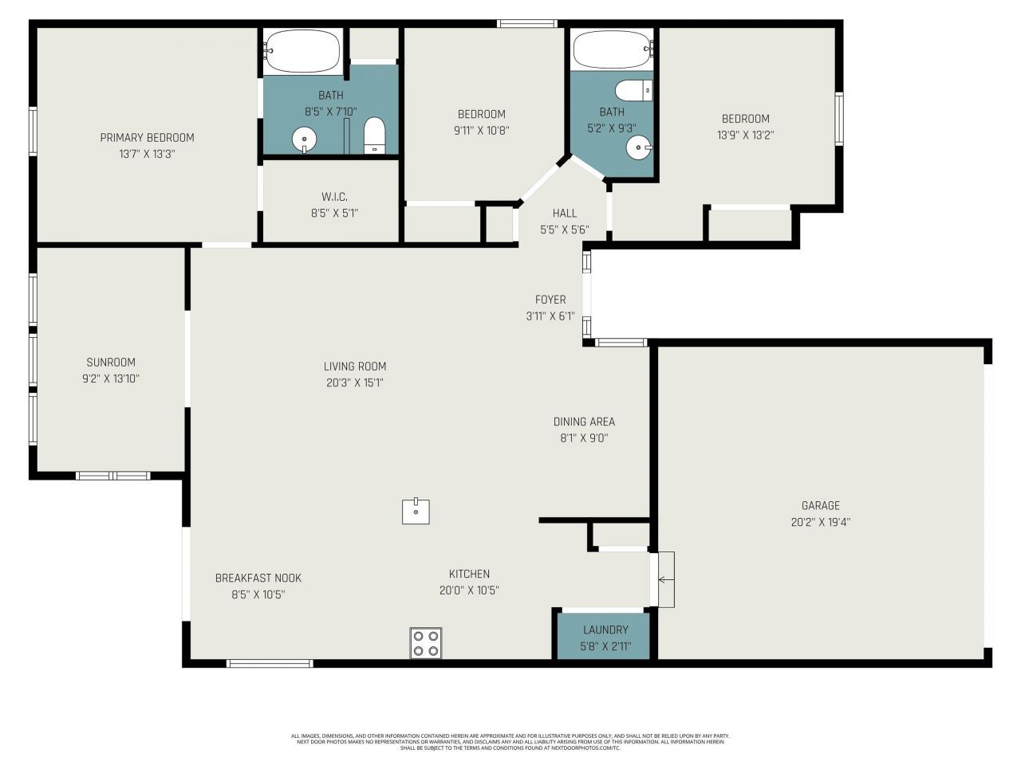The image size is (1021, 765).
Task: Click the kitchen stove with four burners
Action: click(426, 643)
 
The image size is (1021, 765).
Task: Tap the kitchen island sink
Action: click(416, 511)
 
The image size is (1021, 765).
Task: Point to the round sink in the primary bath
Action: click(304, 139)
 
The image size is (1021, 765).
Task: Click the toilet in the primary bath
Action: click(375, 135)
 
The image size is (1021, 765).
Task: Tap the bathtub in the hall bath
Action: click(612, 50)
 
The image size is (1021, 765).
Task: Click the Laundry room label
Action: click(605, 630)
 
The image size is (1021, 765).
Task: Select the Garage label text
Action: click(821, 505)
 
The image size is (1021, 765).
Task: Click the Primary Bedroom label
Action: click(147, 138)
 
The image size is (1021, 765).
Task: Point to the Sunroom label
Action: click(111, 362)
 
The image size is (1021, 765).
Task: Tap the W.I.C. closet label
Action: click(334, 197)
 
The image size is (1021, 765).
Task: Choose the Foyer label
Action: click(550, 300)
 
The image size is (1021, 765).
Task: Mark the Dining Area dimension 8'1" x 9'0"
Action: click(584, 437)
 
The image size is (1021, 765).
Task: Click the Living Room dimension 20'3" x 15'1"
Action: click(355, 382)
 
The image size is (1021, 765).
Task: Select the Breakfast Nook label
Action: click(258, 578)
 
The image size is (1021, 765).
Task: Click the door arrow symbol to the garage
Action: click(663, 579)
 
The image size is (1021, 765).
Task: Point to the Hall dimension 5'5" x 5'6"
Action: click(564, 229)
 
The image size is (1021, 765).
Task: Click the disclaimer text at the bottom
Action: click(510, 742)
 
